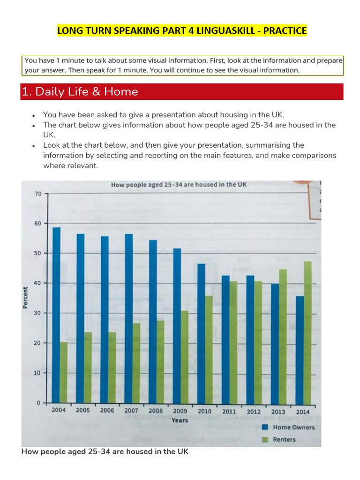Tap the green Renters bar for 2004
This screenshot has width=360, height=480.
click(x=64, y=372)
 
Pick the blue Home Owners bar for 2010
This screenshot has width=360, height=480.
click(x=201, y=333)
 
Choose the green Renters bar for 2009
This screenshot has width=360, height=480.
click(x=185, y=357)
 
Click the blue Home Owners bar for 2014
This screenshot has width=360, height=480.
click(x=300, y=349)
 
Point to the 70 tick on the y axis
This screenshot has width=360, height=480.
click(x=37, y=194)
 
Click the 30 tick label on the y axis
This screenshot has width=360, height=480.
click(x=37, y=313)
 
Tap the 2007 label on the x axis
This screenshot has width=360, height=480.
click(x=132, y=411)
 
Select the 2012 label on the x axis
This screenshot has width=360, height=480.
click(x=254, y=412)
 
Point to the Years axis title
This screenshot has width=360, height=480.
click(x=180, y=420)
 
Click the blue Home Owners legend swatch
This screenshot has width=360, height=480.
click(x=265, y=427)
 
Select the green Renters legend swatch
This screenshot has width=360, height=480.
click(x=265, y=440)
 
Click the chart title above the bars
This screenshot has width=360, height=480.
click(x=179, y=185)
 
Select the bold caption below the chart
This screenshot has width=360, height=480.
click(x=105, y=452)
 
